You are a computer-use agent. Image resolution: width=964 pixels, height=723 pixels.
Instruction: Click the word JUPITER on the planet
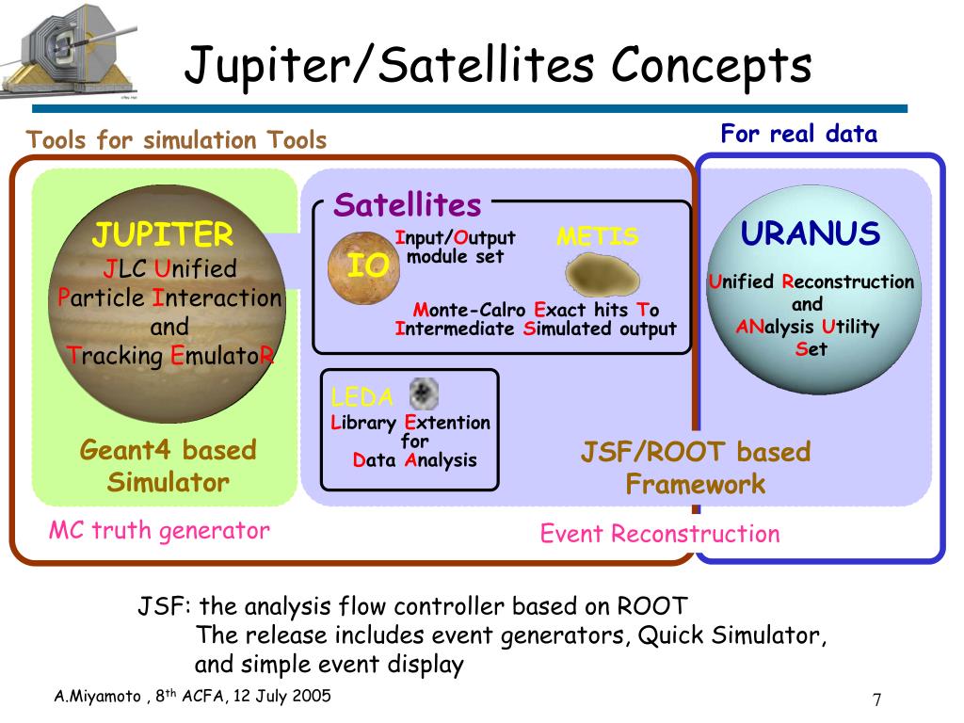[163, 234]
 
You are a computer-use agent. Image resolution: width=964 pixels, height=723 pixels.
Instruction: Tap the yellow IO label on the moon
[368, 265]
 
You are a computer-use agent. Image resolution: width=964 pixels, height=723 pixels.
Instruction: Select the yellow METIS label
[598, 236]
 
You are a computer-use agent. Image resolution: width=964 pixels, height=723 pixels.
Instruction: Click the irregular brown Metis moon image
[602, 275]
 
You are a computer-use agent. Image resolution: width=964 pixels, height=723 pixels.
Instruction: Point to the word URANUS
[811, 233]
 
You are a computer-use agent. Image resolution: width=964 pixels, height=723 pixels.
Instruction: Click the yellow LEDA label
[361, 397]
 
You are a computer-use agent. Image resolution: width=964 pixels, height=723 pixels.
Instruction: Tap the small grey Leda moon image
[424, 394]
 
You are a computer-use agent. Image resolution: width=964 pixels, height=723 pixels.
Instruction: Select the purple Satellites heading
[407, 204]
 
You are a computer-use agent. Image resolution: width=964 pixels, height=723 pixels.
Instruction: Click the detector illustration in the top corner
[69, 51]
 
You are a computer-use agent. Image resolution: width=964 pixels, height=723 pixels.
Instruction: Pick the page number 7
[876, 699]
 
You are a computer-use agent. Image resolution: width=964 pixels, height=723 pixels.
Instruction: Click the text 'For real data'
[798, 134]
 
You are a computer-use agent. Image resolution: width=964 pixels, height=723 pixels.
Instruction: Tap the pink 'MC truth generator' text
[159, 531]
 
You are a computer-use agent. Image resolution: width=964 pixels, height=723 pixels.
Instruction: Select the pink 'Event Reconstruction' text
[660, 534]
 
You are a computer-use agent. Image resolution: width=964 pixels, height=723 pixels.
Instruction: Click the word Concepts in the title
[712, 66]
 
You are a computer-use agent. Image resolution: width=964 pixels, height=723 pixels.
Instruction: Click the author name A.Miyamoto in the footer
[97, 696]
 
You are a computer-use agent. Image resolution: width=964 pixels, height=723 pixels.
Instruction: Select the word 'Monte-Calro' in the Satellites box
[469, 309]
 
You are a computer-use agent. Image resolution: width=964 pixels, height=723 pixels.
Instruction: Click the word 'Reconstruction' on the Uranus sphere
[848, 281]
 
